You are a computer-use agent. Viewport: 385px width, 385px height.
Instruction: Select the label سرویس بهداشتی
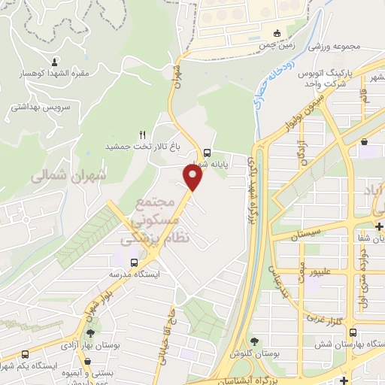40,108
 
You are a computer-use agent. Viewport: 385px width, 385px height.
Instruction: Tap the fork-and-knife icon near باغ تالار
141,133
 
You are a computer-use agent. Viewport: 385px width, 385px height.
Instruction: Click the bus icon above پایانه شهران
207,149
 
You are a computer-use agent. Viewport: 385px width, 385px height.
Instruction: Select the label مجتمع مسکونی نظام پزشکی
156,220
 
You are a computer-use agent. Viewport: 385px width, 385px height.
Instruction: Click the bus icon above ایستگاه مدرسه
134,262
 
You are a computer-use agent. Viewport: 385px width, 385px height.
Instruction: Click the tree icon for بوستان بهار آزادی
92,332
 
